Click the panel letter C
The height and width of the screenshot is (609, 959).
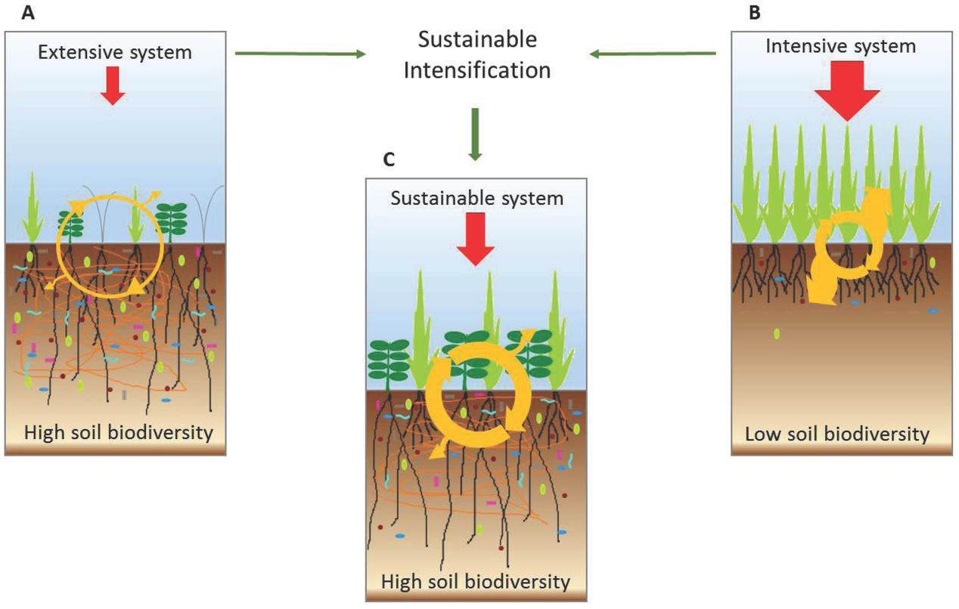[x=389, y=160]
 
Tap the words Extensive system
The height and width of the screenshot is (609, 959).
[x=116, y=53]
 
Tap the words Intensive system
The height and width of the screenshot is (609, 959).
[x=840, y=46]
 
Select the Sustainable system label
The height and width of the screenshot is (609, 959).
[x=476, y=199]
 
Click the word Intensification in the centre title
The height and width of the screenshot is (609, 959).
[x=476, y=70]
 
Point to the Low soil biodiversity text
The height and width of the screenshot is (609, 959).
[x=836, y=434]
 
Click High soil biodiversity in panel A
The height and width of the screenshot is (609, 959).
[x=118, y=433]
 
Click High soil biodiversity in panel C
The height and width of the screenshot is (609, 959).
[x=475, y=582]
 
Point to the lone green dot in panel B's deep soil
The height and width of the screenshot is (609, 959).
[x=776, y=333]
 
